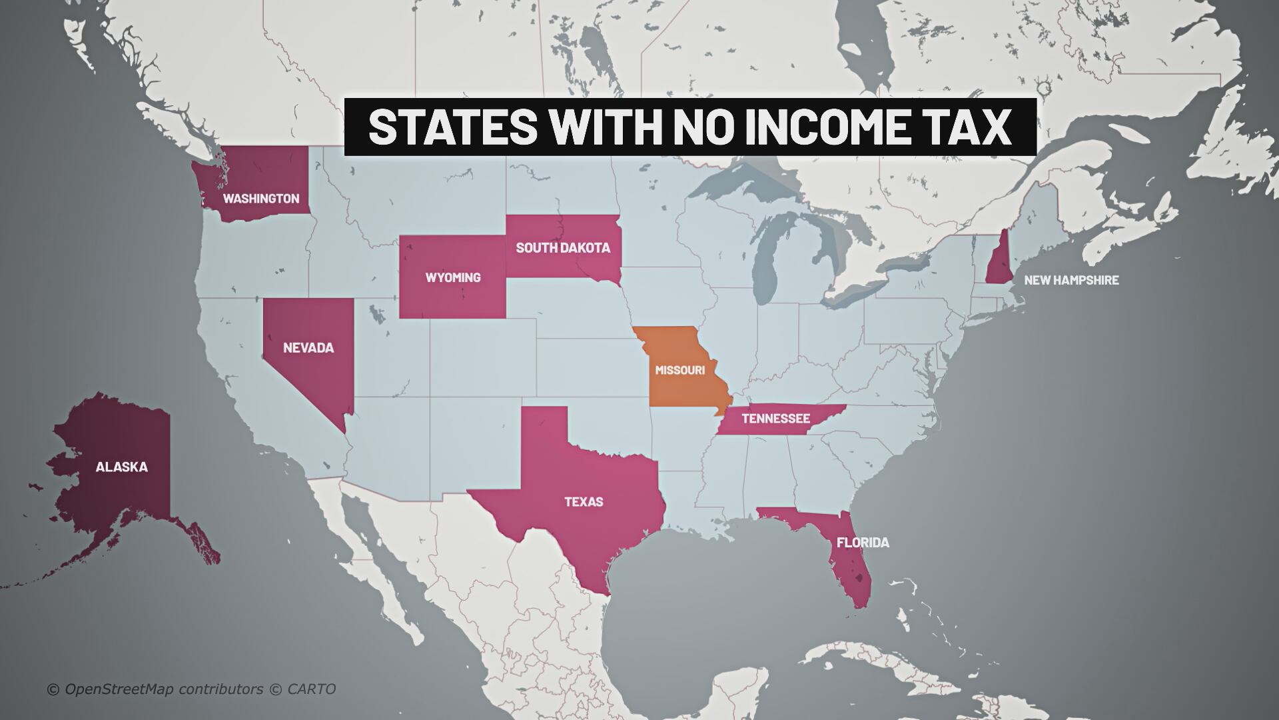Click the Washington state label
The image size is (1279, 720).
coord(260,199)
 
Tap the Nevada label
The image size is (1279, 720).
coord(308,348)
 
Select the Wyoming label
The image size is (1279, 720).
coord(453,277)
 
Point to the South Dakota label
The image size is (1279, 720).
coord(563,248)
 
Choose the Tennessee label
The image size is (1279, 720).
coord(775,419)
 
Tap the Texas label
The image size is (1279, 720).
coord(584,501)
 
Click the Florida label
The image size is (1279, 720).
coord(863,543)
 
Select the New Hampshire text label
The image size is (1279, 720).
coord(1071,280)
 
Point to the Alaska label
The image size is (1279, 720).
coord(121,467)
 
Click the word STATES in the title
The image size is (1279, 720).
coord(452,127)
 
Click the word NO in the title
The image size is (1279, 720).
coord(699,127)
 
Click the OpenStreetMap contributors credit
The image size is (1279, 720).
coord(163,689)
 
